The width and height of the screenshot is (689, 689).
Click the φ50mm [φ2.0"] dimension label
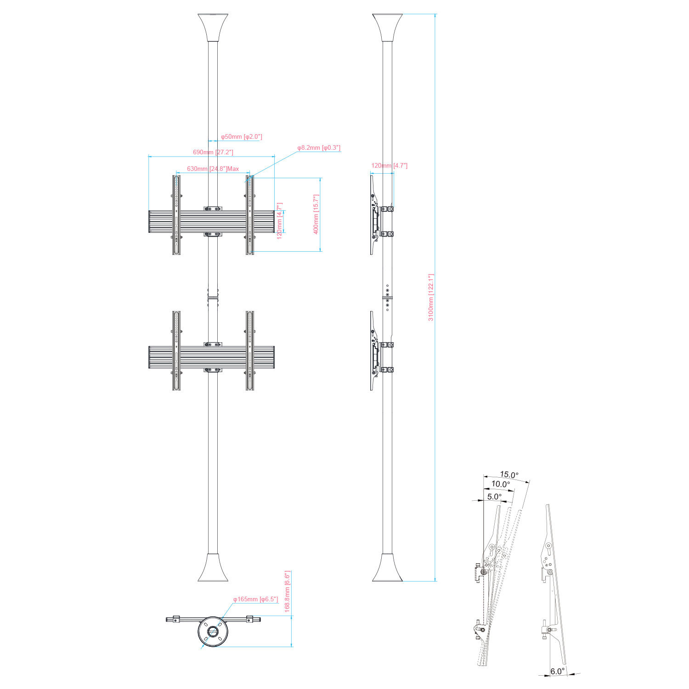pos(241,136)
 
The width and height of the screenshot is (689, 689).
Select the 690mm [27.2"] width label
pos(213,152)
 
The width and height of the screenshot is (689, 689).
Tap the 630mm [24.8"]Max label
pos(213,169)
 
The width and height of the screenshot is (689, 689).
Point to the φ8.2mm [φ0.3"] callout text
pos(319,147)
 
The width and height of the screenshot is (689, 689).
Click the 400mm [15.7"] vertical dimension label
pos(316,214)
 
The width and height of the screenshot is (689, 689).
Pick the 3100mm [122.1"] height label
pos(431,298)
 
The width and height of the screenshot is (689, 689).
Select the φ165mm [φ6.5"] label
pos(255,599)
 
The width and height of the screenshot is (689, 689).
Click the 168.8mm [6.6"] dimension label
pos(288,592)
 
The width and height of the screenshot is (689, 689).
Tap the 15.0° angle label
pos(509,474)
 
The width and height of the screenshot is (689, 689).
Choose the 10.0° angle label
pos(501,484)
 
